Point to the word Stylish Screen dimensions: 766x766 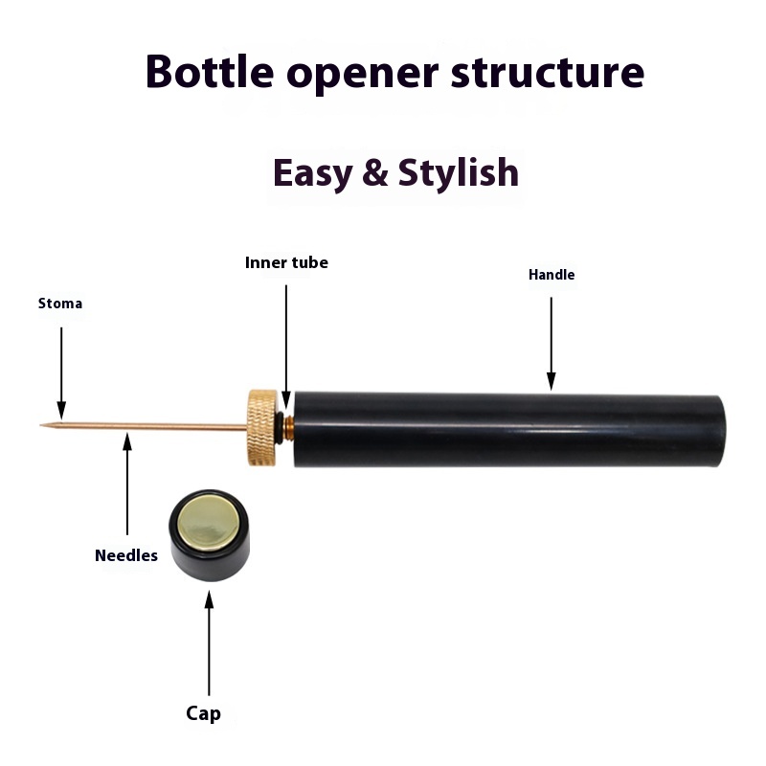tap(459, 173)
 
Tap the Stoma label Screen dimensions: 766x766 tap(60, 304)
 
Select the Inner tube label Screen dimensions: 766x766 tap(286, 262)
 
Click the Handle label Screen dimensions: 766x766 tap(552, 275)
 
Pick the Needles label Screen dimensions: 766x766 tap(126, 555)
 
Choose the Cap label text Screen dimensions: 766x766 tap(203, 713)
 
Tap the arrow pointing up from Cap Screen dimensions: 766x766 tap(209, 642)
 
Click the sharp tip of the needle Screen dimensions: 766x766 tap(43, 425)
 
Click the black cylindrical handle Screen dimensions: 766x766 tap(507, 429)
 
